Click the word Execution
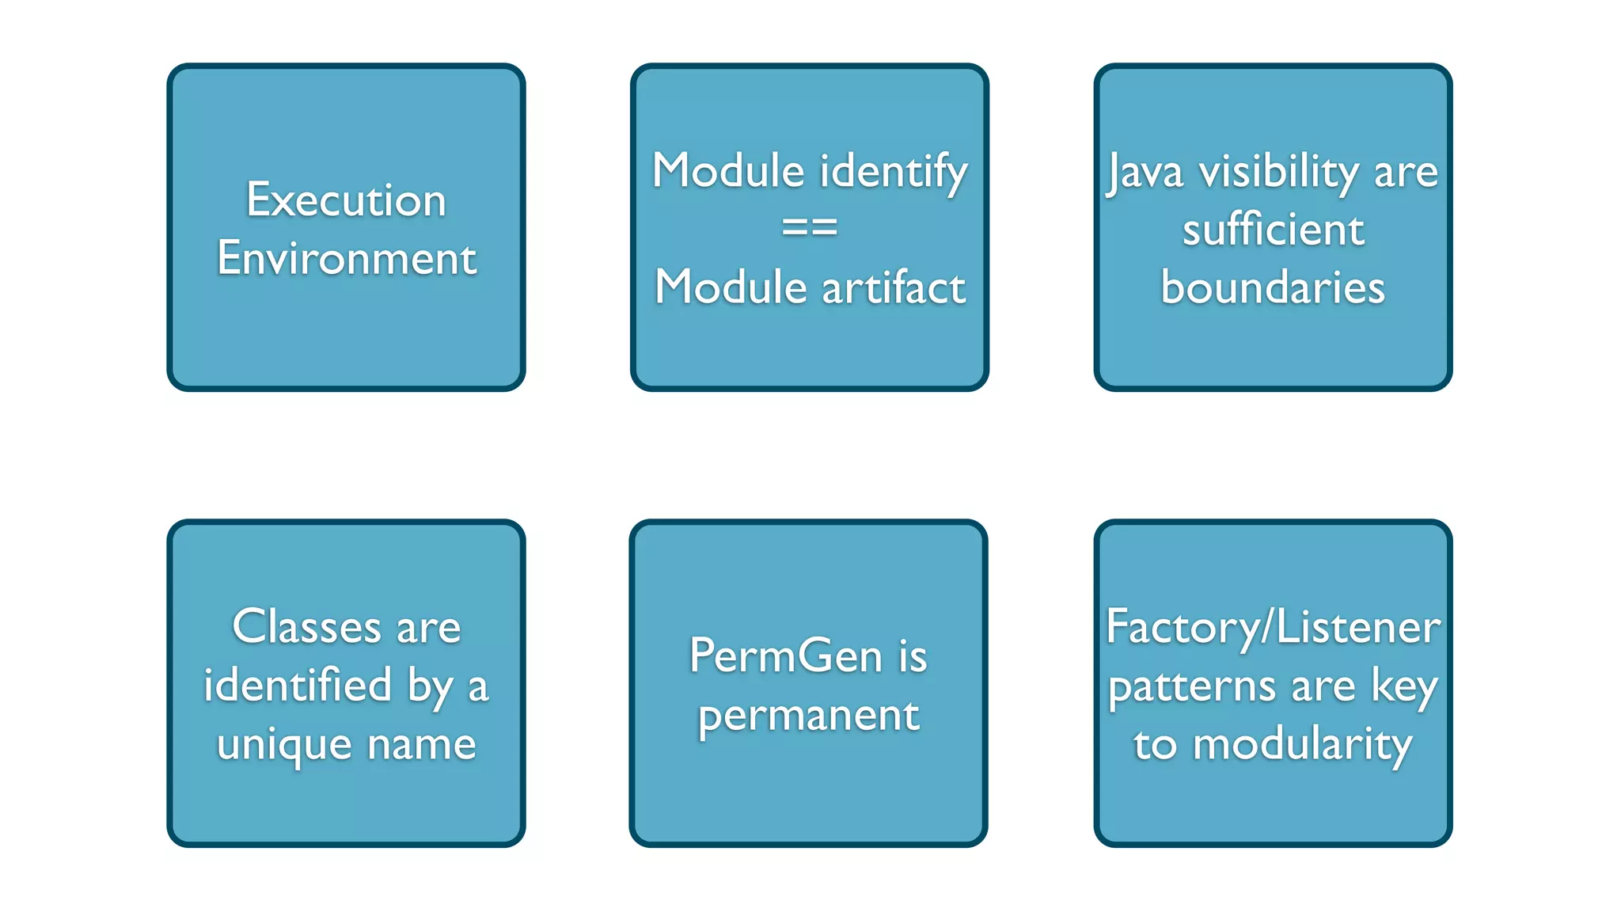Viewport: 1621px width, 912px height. (346, 199)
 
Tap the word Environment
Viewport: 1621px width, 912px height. (347, 258)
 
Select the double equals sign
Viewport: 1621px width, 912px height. (809, 228)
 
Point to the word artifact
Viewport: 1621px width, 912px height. (894, 287)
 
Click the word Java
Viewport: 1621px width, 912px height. (1145, 173)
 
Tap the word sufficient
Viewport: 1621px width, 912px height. (1273, 230)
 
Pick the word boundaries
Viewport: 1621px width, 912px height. (1273, 287)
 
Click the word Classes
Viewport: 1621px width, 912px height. (307, 627)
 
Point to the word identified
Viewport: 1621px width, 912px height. (298, 685)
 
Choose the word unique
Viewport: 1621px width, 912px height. (284, 745)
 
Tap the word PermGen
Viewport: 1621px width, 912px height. (785, 656)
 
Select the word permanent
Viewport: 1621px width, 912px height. (808, 716)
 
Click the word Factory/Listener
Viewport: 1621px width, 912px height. (1273, 628)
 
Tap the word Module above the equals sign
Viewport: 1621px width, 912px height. (729, 171)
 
